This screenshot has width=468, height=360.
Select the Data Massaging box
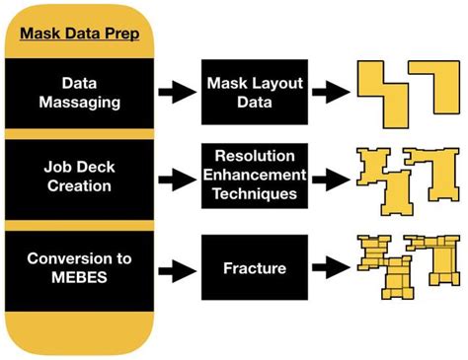78,93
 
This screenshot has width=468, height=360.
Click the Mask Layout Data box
248,93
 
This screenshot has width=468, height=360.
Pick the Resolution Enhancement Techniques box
248,178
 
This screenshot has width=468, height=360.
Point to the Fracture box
248,266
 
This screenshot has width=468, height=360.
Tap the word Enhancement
248,179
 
